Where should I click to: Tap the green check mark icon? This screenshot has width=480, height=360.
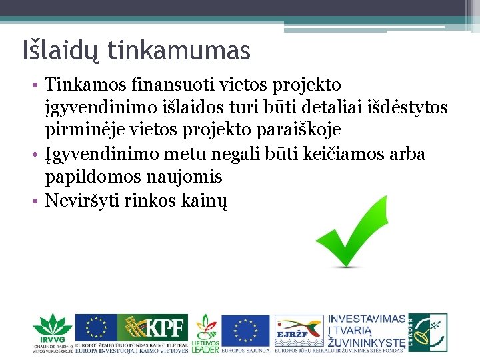(346, 231)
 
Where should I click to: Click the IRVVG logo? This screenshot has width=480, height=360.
(52, 332)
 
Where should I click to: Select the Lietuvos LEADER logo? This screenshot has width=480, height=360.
(205, 332)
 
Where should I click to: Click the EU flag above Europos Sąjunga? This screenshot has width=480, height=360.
(245, 329)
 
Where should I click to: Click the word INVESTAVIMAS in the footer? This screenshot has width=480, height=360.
(367, 319)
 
